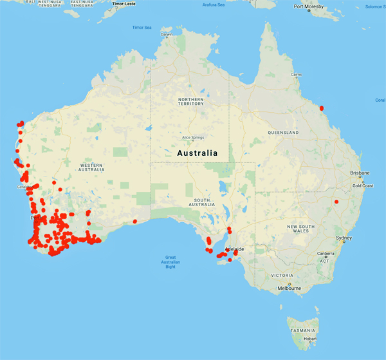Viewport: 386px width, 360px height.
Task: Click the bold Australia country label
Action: point(197,153)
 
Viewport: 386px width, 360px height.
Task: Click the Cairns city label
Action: point(297,75)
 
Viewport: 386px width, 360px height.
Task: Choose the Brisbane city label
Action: point(360,173)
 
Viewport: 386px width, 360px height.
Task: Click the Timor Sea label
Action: point(141,28)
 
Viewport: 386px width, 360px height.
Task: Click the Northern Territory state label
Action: point(191,101)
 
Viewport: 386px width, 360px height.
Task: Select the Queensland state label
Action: point(284,132)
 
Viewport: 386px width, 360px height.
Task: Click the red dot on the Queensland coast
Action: point(322,108)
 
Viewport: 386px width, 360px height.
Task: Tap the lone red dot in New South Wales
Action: point(336,202)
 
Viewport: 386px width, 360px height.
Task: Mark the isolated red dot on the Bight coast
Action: point(135,222)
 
